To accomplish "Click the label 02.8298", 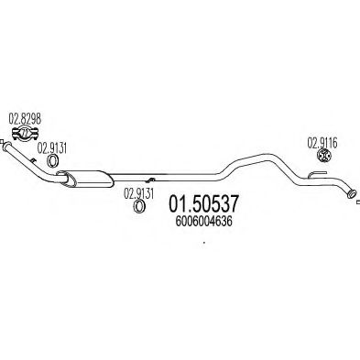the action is (x=24, y=116).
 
